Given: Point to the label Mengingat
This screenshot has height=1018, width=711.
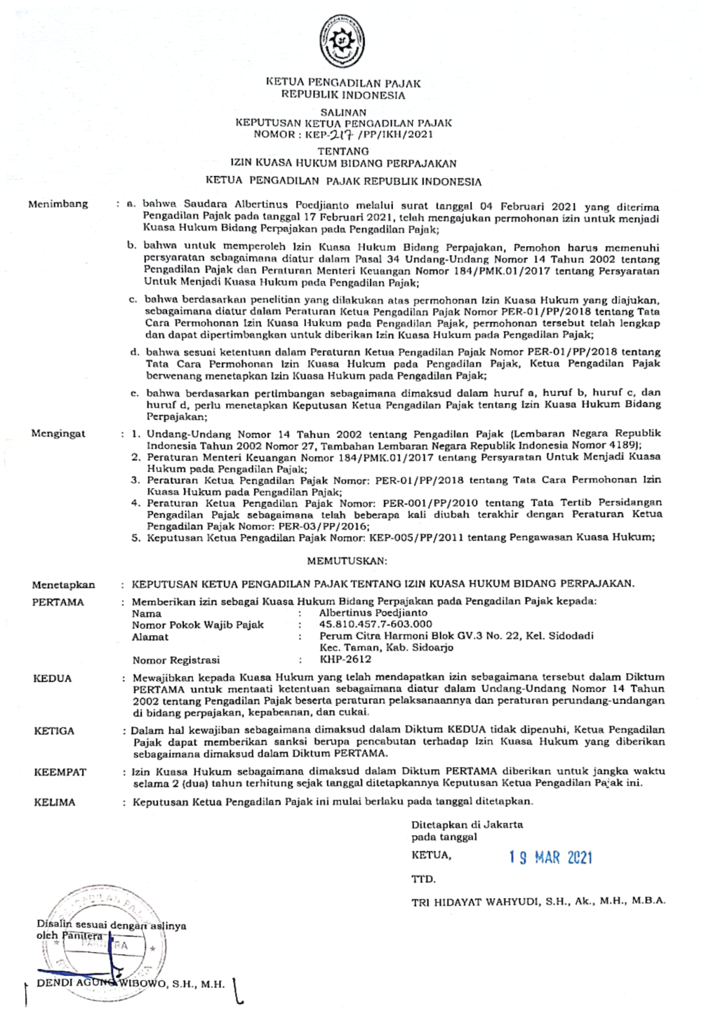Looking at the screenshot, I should (58, 433).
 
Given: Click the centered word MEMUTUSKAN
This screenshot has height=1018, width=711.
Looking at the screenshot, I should (347, 561).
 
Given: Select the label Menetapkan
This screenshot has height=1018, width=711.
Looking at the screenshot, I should (63, 584).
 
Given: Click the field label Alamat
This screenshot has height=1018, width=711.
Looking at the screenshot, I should (150, 637).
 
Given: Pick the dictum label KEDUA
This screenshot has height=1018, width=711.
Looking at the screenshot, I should (53, 679).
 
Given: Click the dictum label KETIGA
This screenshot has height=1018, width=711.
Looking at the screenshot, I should (54, 731).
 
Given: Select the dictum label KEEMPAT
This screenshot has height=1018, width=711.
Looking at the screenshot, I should (60, 772).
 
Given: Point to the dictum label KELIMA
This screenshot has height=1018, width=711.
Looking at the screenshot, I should (55, 802).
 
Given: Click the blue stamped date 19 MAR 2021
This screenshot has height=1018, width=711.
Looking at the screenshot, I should (550, 857).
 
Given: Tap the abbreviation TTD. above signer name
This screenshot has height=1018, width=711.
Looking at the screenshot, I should (423, 878).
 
